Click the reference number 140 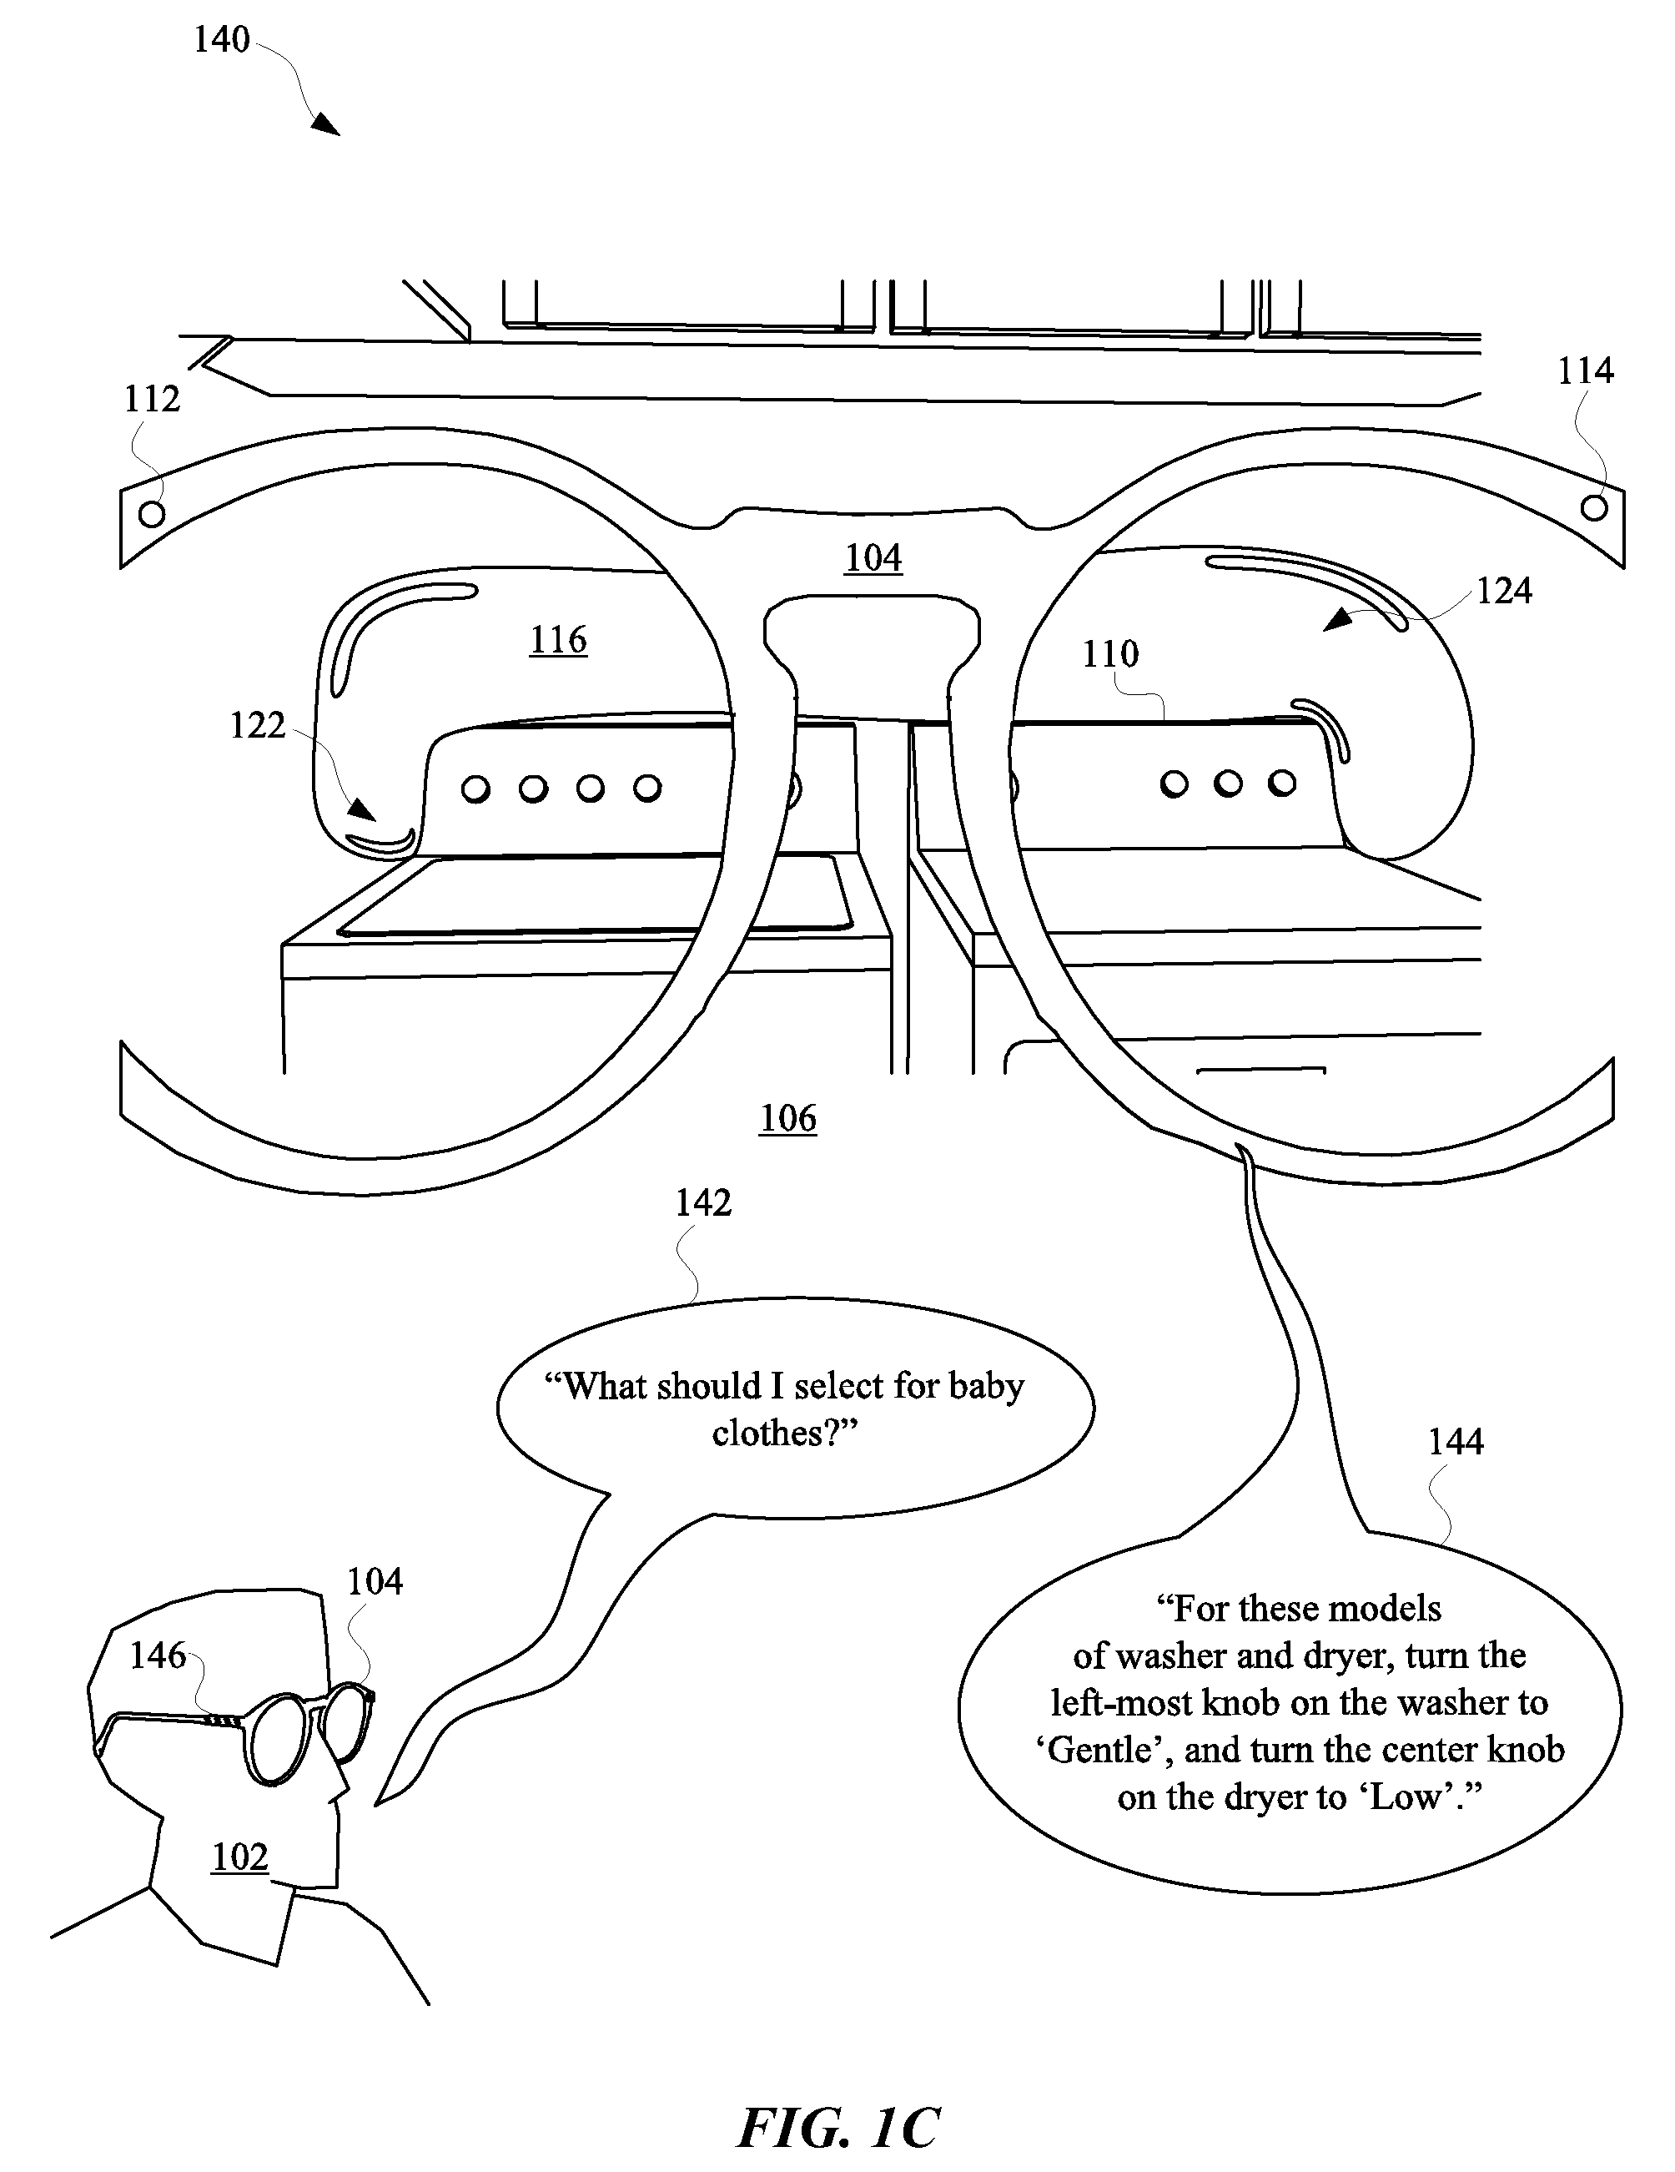(221, 40)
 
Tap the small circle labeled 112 (151, 514)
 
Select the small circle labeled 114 (1593, 508)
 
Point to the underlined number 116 (558, 639)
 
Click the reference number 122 (258, 725)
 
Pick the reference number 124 (1504, 591)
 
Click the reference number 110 (1110, 653)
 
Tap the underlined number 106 (788, 1118)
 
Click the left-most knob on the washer (476, 789)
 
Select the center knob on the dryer (1228, 784)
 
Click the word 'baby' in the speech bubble (985, 1385)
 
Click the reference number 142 (703, 1203)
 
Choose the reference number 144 (1456, 1441)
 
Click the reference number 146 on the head (158, 1655)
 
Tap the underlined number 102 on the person (239, 1857)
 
